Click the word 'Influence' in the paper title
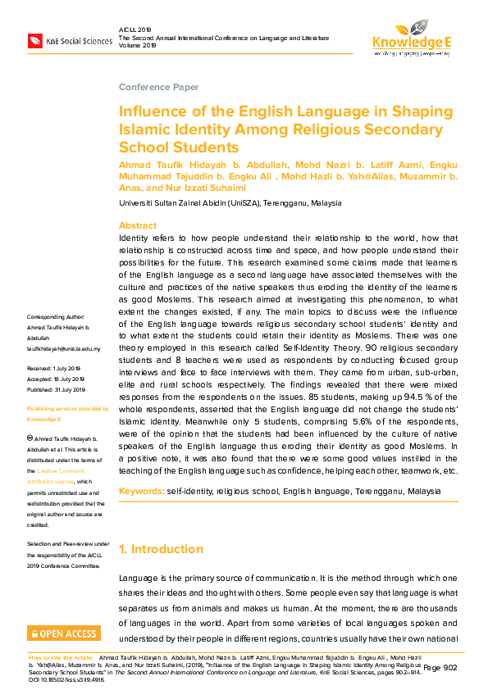[x=150, y=111]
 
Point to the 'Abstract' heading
[x=138, y=225]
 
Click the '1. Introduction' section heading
[x=162, y=549]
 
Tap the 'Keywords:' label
[x=141, y=491]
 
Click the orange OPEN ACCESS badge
[x=64, y=633]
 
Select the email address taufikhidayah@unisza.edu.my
[x=64, y=348]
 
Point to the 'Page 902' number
[x=440, y=668]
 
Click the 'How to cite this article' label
[x=61, y=657]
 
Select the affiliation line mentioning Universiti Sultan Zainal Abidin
[x=230, y=202]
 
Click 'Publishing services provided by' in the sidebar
[x=67, y=408]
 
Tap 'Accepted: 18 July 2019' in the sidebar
[x=56, y=379]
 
